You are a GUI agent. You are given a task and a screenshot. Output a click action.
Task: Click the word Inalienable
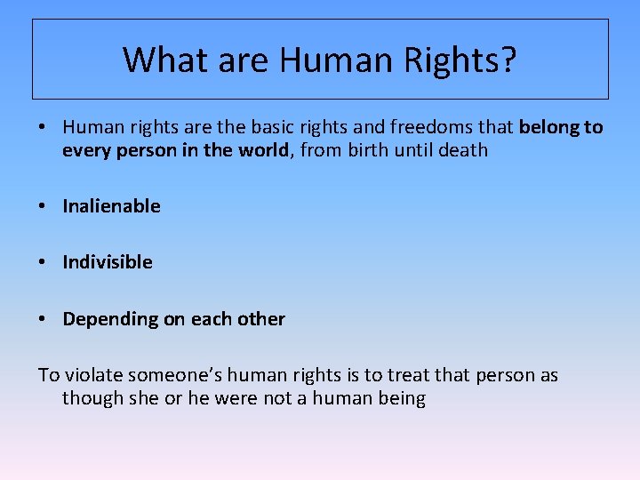[x=111, y=206]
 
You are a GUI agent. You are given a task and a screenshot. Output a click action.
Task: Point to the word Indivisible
[x=108, y=262]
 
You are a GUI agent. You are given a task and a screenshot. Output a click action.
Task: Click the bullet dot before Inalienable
[x=44, y=206]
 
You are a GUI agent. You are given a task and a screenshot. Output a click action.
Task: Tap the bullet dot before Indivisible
[x=44, y=262]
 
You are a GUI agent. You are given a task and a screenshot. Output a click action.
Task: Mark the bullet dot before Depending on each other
[x=44, y=319]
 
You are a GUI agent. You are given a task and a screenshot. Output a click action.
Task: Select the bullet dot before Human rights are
[x=44, y=128]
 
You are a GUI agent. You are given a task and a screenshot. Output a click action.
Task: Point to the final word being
[x=401, y=398]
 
